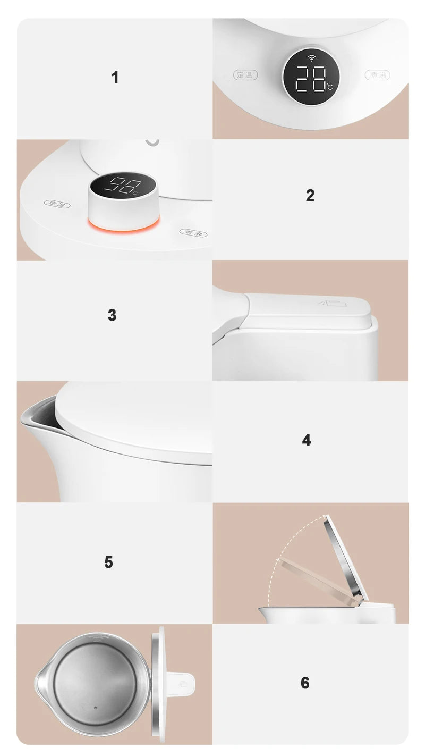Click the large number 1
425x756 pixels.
(x=115, y=78)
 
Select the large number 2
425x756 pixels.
(x=310, y=196)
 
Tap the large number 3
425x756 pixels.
(x=112, y=315)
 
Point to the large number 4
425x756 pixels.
(x=307, y=440)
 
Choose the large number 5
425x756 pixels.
(x=108, y=562)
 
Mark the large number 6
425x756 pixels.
(x=305, y=683)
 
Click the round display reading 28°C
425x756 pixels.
(x=310, y=78)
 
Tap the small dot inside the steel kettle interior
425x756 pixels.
(x=96, y=708)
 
